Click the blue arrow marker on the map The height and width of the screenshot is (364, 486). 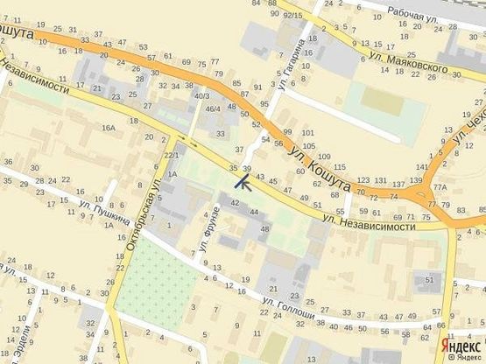[243, 182]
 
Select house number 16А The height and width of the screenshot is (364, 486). [108, 128]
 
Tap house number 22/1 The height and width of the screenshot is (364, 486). [171, 156]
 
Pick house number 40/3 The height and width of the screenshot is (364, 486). [201, 95]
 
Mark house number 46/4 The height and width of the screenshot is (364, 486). [213, 108]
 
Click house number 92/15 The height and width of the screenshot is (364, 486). [293, 15]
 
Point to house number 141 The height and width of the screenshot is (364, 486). [423, 166]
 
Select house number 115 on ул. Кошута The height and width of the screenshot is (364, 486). [340, 166]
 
